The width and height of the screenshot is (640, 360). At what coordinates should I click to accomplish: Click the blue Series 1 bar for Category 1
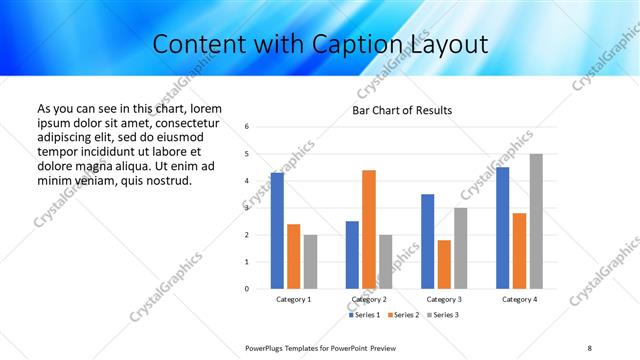[277, 231]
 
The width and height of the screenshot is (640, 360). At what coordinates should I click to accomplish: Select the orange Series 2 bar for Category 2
[369, 229]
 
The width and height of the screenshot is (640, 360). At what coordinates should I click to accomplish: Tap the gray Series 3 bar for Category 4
[536, 221]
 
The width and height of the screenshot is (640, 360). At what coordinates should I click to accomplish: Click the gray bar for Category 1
[310, 262]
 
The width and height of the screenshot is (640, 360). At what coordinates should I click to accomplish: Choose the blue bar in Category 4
[503, 228]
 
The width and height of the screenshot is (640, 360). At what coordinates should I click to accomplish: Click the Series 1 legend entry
[364, 316]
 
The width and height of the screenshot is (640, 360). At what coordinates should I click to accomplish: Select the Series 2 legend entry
[401, 316]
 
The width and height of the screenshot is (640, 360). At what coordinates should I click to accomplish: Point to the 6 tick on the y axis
[247, 127]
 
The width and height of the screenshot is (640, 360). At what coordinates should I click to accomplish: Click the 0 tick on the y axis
[247, 289]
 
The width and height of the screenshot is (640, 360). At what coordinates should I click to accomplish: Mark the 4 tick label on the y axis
[247, 181]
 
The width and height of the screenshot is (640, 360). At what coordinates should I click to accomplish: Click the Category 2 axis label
[369, 299]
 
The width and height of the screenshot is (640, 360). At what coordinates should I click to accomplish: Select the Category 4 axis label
[519, 299]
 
